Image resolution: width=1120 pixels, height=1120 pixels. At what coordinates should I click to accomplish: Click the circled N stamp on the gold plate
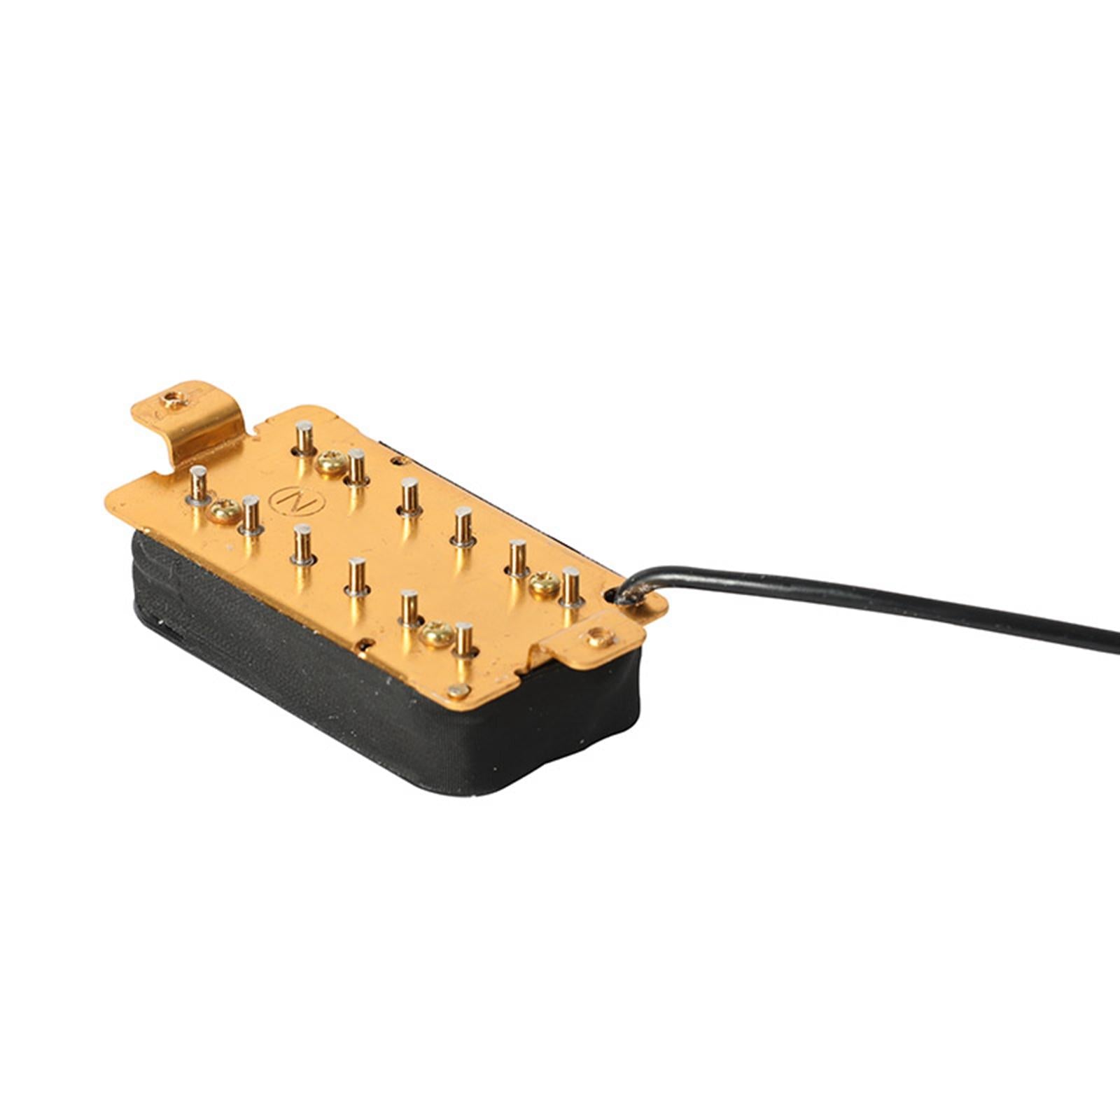click(x=285, y=500)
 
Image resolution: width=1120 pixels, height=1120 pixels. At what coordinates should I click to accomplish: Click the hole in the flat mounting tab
click(x=597, y=638)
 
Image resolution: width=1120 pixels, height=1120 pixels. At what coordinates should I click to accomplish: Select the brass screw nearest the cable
click(x=544, y=582)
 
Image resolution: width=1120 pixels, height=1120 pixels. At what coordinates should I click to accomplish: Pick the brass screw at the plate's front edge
click(x=438, y=633)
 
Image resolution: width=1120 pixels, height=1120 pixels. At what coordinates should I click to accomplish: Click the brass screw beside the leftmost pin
click(x=225, y=512)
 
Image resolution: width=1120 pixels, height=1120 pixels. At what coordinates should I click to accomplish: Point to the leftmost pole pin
click(x=199, y=485)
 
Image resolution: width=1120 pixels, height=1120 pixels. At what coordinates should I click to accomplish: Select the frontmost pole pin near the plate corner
click(x=463, y=639)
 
